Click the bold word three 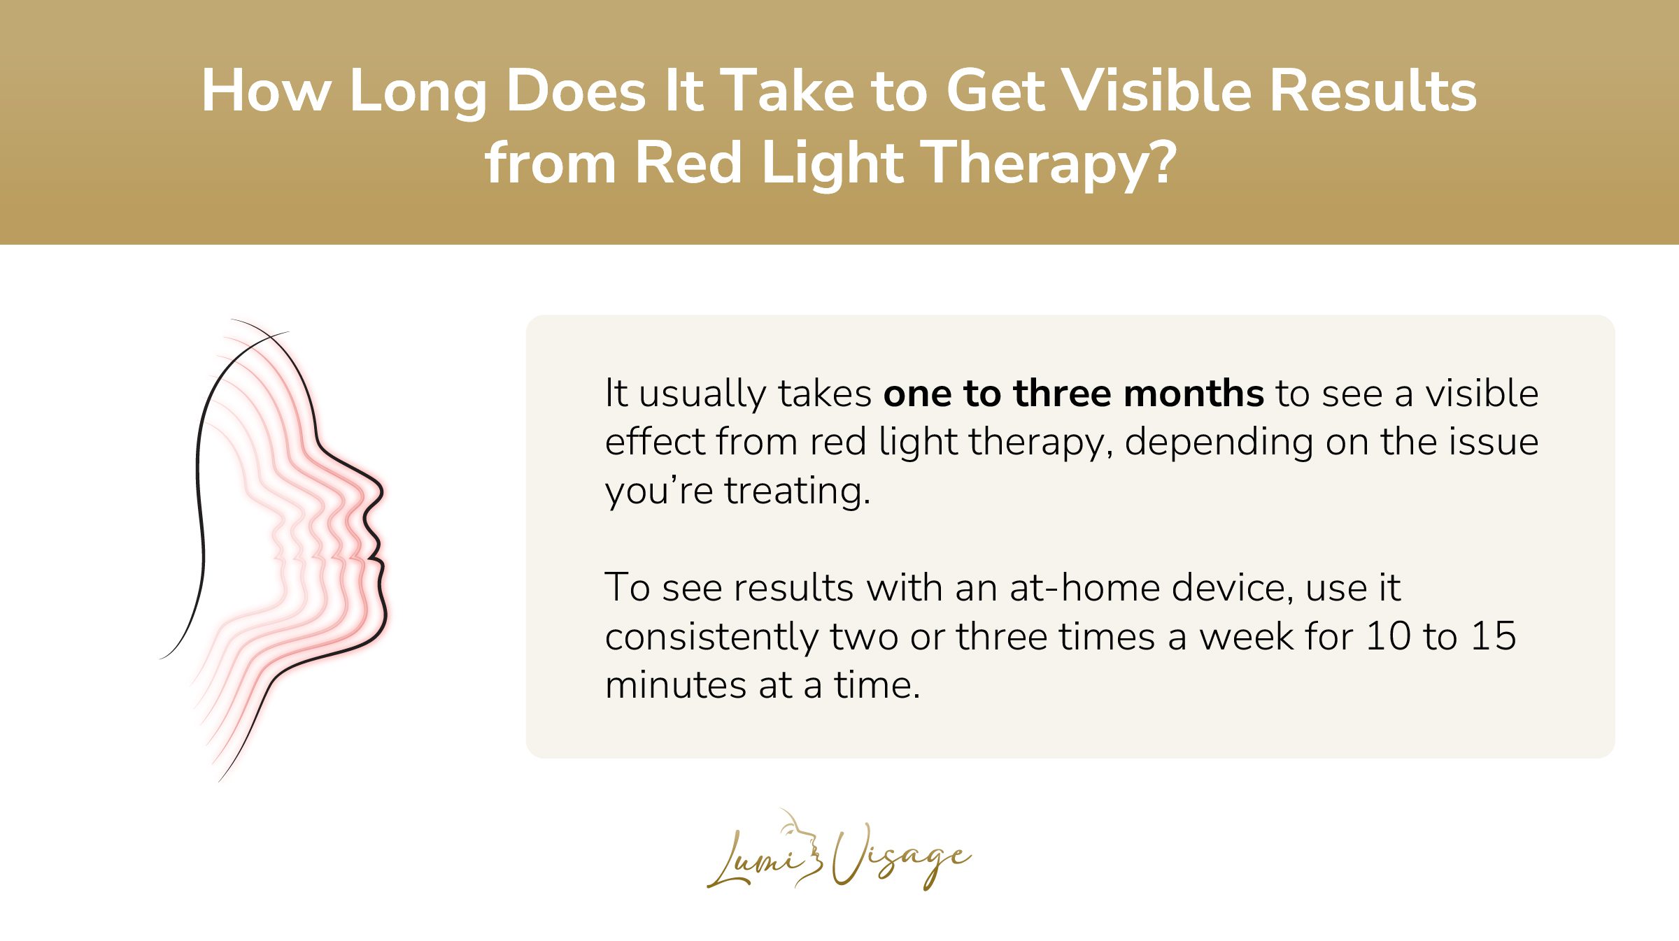pyautogui.click(x=1062, y=394)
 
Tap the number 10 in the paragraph pyautogui.click(x=1387, y=636)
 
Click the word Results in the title pyautogui.click(x=1373, y=91)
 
